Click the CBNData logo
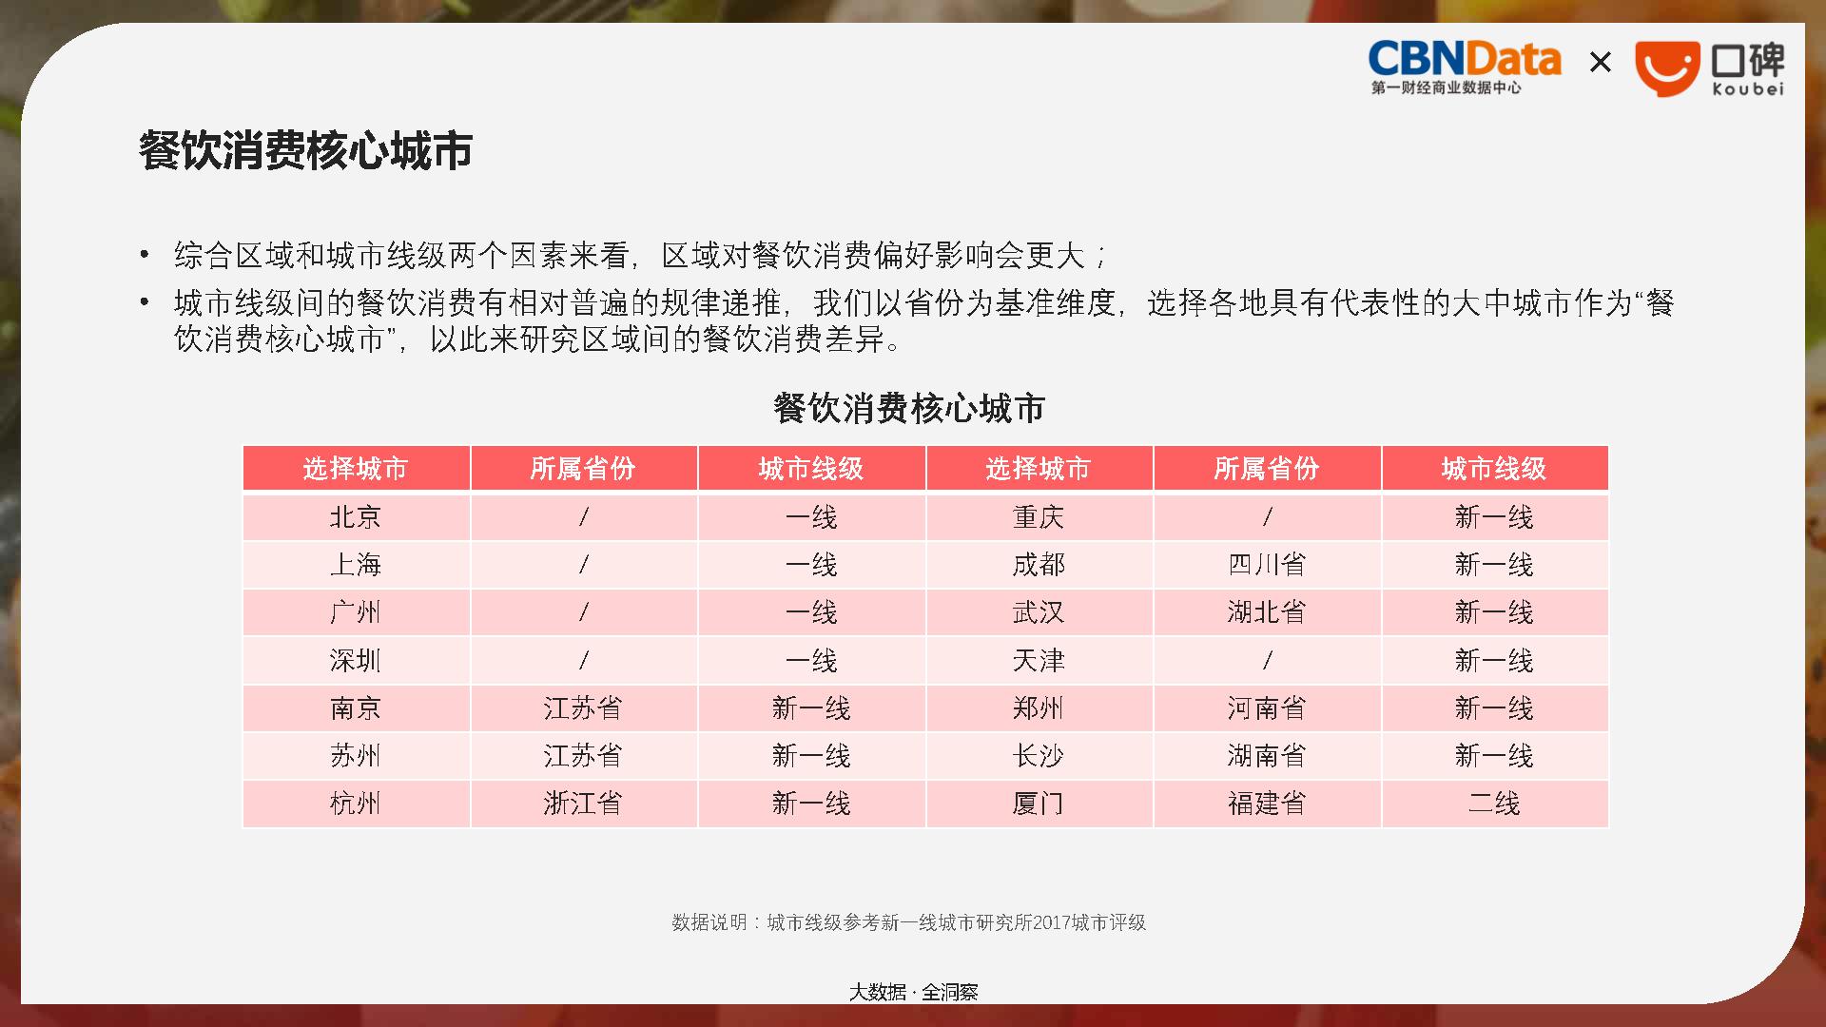point(1465,68)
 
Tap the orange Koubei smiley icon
point(1667,68)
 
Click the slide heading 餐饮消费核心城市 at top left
point(305,150)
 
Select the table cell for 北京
point(356,517)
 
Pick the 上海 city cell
point(356,565)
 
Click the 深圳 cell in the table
point(356,661)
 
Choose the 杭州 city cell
point(356,804)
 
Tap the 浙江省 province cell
point(583,804)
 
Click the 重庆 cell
point(1039,517)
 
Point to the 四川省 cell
point(1267,565)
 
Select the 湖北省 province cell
point(1267,612)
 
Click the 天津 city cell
point(1039,661)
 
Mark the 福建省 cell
point(1267,804)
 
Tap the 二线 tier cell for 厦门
point(1494,804)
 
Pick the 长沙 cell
point(1039,756)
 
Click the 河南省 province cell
point(1267,708)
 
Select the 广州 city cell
point(356,612)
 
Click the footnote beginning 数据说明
point(909,922)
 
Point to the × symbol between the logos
point(1601,63)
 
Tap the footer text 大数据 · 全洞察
point(913,992)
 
